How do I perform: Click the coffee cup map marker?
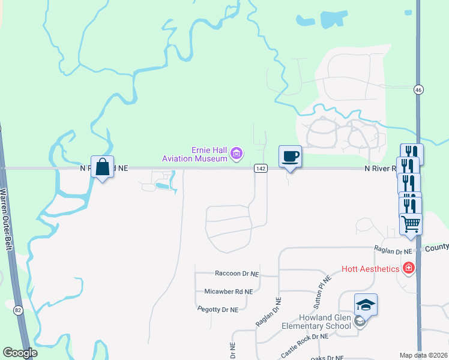pyautogui.click(x=290, y=157)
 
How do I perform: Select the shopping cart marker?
pyautogui.click(x=411, y=224)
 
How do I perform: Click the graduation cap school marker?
pyautogui.click(x=366, y=305)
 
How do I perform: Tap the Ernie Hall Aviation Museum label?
pyautogui.click(x=195, y=154)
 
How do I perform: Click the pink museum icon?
pyautogui.click(x=237, y=154)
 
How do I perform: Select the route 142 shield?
pyautogui.click(x=260, y=169)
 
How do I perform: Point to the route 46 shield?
pyautogui.click(x=418, y=89)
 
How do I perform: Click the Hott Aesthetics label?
pyautogui.click(x=370, y=269)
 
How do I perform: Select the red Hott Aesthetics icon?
pyautogui.click(x=409, y=268)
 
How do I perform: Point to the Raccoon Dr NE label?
pyautogui.click(x=237, y=273)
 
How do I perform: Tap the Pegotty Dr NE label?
pyautogui.click(x=218, y=309)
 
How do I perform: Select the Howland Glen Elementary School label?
pyautogui.click(x=316, y=322)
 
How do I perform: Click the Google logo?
pyautogui.click(x=20, y=353)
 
